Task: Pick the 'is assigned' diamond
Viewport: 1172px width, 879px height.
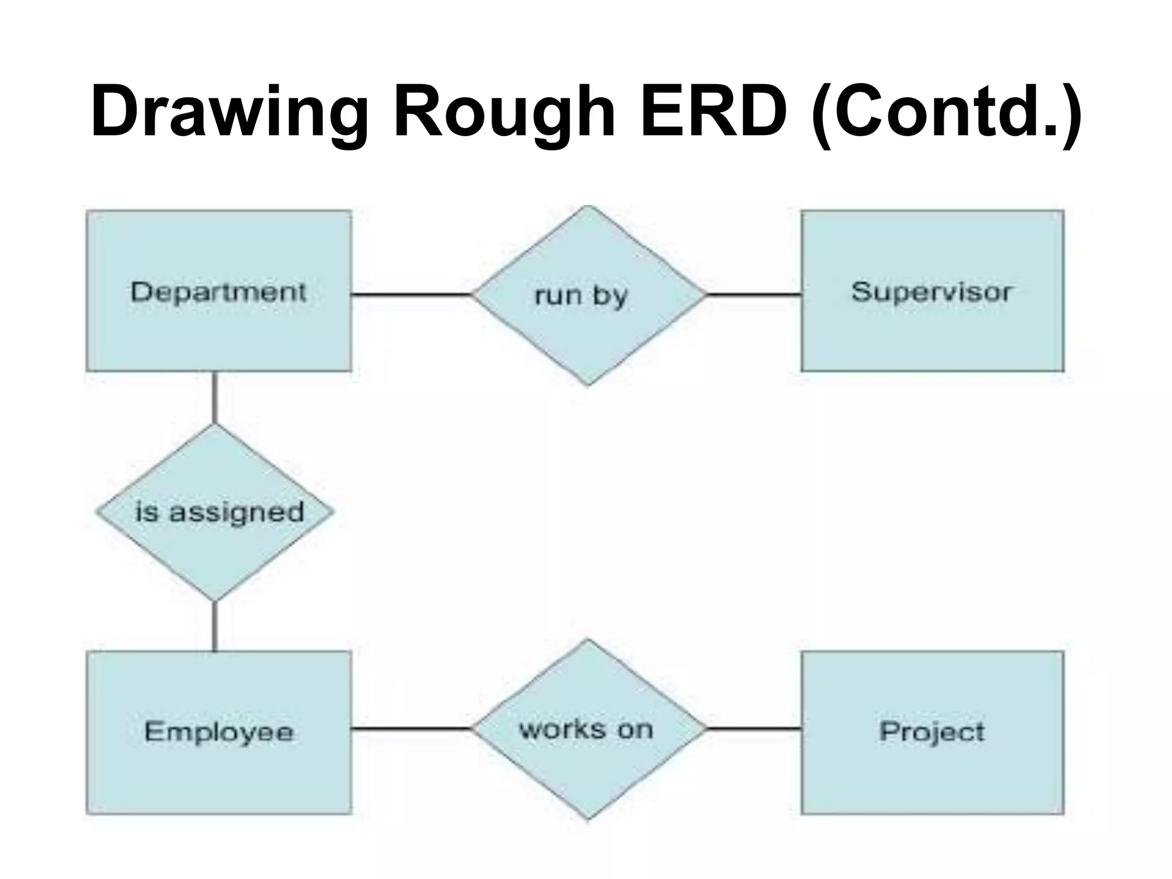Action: pyautogui.click(x=215, y=549)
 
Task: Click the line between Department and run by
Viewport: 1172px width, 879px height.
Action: pyautogui.click(x=411, y=295)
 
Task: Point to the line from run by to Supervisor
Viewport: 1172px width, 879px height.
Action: pyautogui.click(x=753, y=295)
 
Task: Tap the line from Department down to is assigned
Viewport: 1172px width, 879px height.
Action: pyautogui.click(x=215, y=398)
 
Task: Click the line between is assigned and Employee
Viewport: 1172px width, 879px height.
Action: pyautogui.click(x=215, y=626)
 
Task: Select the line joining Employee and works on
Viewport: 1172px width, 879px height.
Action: pyautogui.click(x=411, y=728)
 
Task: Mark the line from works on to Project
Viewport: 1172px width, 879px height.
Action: pyautogui.click(x=753, y=728)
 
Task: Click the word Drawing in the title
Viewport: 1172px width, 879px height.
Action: pyautogui.click(x=229, y=112)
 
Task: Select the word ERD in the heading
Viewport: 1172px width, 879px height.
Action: pyautogui.click(x=713, y=112)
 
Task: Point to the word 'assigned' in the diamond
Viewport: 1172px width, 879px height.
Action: pyautogui.click(x=236, y=512)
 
